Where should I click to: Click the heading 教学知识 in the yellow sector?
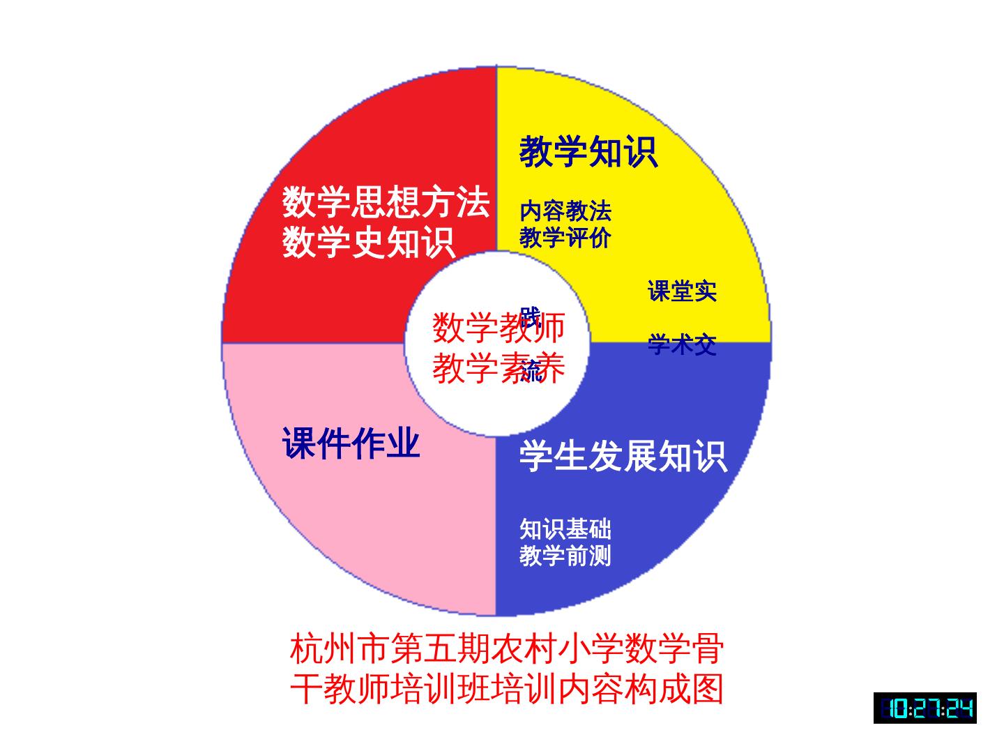click(x=588, y=151)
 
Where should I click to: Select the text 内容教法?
click(x=565, y=211)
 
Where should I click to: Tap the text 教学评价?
click(x=565, y=238)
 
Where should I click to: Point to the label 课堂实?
click(x=682, y=291)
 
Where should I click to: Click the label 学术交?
click(x=682, y=344)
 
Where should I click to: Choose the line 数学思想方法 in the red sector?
click(x=386, y=202)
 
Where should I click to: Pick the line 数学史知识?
click(x=368, y=242)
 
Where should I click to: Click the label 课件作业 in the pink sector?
click(x=351, y=443)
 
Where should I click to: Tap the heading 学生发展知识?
click(x=623, y=457)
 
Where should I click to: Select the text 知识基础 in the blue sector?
click(x=565, y=529)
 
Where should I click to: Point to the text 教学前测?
click(x=565, y=556)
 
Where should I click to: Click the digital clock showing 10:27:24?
click(x=925, y=708)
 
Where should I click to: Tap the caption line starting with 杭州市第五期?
click(x=507, y=649)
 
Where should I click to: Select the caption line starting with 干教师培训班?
click(x=507, y=689)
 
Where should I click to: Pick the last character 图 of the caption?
click(x=707, y=689)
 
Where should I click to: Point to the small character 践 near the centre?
click(x=530, y=317)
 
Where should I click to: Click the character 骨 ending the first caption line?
click(x=707, y=649)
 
